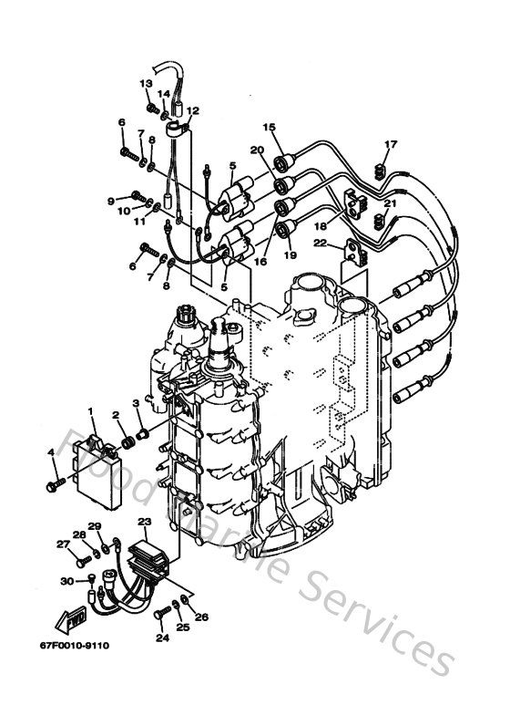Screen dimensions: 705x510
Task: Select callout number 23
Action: tap(144, 521)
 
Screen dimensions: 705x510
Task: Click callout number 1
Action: tap(90, 411)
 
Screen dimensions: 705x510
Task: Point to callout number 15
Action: tap(269, 127)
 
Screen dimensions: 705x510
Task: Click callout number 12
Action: tap(192, 111)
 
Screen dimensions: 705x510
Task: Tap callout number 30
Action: tap(66, 581)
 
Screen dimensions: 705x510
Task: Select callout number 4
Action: tap(51, 452)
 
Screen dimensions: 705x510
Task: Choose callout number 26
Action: tap(202, 617)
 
